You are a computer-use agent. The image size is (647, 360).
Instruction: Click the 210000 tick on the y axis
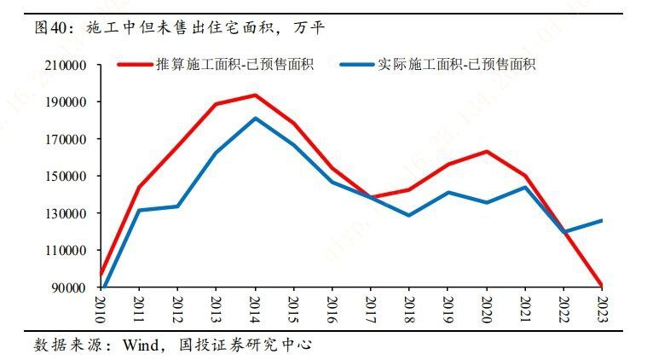(x=66, y=66)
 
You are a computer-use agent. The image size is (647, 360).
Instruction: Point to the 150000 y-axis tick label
(x=66, y=177)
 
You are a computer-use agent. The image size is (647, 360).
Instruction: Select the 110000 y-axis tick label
(x=66, y=251)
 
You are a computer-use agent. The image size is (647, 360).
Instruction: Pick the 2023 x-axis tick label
(x=603, y=305)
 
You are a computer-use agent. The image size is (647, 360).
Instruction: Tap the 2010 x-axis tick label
(x=101, y=305)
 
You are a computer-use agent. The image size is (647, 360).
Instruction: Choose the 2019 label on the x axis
(x=448, y=305)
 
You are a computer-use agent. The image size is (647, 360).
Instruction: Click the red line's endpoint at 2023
(x=603, y=285)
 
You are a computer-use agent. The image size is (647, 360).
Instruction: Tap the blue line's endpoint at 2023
(x=603, y=220)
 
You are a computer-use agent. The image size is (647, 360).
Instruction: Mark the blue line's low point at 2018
(x=409, y=215)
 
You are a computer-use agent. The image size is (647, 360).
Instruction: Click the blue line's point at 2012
(x=177, y=206)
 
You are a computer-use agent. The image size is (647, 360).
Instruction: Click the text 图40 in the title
(x=50, y=28)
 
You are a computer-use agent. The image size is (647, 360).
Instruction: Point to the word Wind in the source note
(x=143, y=345)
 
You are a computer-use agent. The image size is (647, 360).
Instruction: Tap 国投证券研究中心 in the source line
(x=246, y=345)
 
